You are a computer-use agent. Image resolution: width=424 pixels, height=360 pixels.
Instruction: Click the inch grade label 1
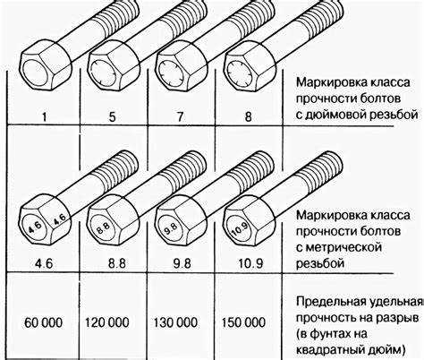pyautogui.click(x=45, y=116)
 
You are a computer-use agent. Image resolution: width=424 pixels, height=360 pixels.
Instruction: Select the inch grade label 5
pyautogui.click(x=112, y=116)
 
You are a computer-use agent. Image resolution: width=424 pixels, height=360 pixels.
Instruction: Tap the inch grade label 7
pyautogui.click(x=180, y=116)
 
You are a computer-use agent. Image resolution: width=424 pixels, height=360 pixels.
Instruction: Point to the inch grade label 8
pyautogui.click(x=248, y=116)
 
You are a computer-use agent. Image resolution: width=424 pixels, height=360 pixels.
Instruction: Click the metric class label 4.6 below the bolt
pyautogui.click(x=44, y=264)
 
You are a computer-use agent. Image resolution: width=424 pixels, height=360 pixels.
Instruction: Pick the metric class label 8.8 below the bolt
pyautogui.click(x=117, y=263)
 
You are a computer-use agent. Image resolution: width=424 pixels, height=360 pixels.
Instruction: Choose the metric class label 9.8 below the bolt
pyautogui.click(x=182, y=263)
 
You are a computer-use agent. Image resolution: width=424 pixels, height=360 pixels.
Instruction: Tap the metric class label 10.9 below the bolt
pyautogui.click(x=250, y=263)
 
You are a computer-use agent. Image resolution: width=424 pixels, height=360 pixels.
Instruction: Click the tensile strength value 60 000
pyautogui.click(x=44, y=322)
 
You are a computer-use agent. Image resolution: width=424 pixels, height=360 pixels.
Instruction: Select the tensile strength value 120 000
pyautogui.click(x=107, y=322)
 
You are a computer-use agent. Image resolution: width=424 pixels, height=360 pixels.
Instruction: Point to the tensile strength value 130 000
pyautogui.click(x=175, y=322)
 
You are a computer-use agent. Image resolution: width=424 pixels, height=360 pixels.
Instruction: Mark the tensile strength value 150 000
pyautogui.click(x=243, y=322)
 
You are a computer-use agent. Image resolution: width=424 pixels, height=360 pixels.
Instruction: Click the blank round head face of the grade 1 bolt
pyautogui.click(x=34, y=72)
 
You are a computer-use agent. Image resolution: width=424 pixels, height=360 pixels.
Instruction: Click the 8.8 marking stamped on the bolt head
pyautogui.click(x=103, y=228)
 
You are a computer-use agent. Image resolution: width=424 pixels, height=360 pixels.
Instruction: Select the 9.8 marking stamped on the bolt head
pyautogui.click(x=171, y=229)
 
